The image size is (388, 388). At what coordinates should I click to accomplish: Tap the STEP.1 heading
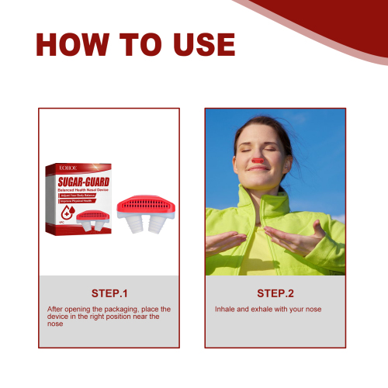point(109,293)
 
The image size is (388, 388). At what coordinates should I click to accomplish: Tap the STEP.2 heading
point(275,293)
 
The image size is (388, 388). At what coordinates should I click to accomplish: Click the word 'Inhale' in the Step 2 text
point(224,309)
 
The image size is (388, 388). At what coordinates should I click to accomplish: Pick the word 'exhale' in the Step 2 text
point(257,309)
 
